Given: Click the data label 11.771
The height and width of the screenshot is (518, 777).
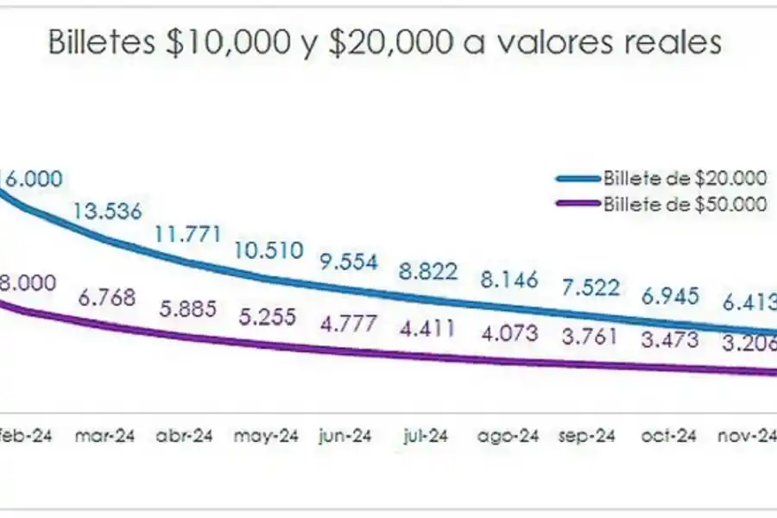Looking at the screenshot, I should pos(188,234).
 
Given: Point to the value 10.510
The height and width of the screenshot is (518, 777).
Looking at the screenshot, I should pos(269,250).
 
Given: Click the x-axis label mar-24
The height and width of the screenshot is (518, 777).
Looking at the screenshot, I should pos(104,436).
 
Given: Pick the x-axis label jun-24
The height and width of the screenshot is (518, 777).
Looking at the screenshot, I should pos(345,436).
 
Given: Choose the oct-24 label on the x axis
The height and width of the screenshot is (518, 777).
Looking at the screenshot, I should pos(667,436).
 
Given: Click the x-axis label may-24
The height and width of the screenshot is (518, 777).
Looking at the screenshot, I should pos(265,436).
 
